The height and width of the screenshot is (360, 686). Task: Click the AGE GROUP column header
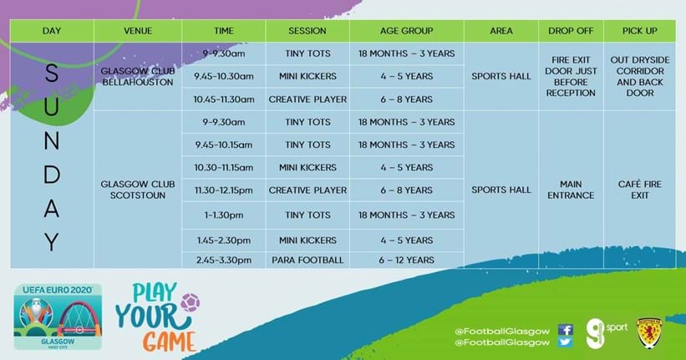click(406, 31)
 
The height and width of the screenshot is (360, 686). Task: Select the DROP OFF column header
click(571, 31)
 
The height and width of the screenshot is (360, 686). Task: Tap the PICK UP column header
click(639, 31)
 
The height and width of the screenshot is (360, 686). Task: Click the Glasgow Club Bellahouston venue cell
click(138, 77)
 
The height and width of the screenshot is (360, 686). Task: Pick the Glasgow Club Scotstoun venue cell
click(138, 190)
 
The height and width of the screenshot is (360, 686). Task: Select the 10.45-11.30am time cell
click(224, 99)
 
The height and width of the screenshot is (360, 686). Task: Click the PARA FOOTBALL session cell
click(307, 260)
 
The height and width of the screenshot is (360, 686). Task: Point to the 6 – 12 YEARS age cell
click(406, 260)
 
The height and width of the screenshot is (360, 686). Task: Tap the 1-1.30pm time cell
click(224, 215)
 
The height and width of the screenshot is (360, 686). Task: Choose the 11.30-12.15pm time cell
click(224, 190)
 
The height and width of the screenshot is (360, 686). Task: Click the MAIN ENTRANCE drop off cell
click(571, 190)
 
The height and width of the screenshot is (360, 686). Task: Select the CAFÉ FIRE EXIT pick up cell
click(639, 190)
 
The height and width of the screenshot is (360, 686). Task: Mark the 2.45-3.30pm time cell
click(224, 260)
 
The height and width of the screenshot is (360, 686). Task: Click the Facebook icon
click(565, 330)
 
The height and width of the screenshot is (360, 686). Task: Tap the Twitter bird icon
click(565, 342)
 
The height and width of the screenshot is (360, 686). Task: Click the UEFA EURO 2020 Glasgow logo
click(58, 317)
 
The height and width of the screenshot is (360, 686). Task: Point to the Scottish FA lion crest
click(649, 333)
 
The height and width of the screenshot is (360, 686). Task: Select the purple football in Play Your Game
click(190, 302)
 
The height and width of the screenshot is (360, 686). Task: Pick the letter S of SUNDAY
click(52, 73)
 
